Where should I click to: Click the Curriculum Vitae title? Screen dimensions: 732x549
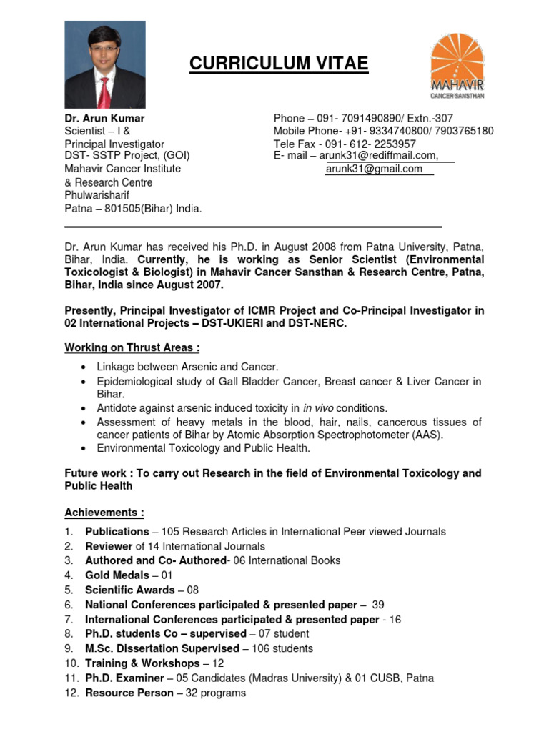pos(279,65)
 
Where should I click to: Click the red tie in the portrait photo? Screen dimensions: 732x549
pos(105,91)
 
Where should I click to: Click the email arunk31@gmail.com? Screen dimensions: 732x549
pos(374,169)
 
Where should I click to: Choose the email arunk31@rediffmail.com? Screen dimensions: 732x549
pos(378,156)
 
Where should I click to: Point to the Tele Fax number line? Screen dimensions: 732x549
pos(345,143)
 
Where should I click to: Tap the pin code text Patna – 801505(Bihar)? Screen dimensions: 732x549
pos(133,209)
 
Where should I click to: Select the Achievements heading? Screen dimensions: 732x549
pos(104,513)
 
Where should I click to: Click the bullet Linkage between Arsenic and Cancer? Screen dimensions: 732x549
pos(187,367)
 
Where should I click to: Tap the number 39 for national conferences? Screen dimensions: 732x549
pos(378,605)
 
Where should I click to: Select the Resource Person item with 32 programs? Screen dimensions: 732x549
pos(165,693)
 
